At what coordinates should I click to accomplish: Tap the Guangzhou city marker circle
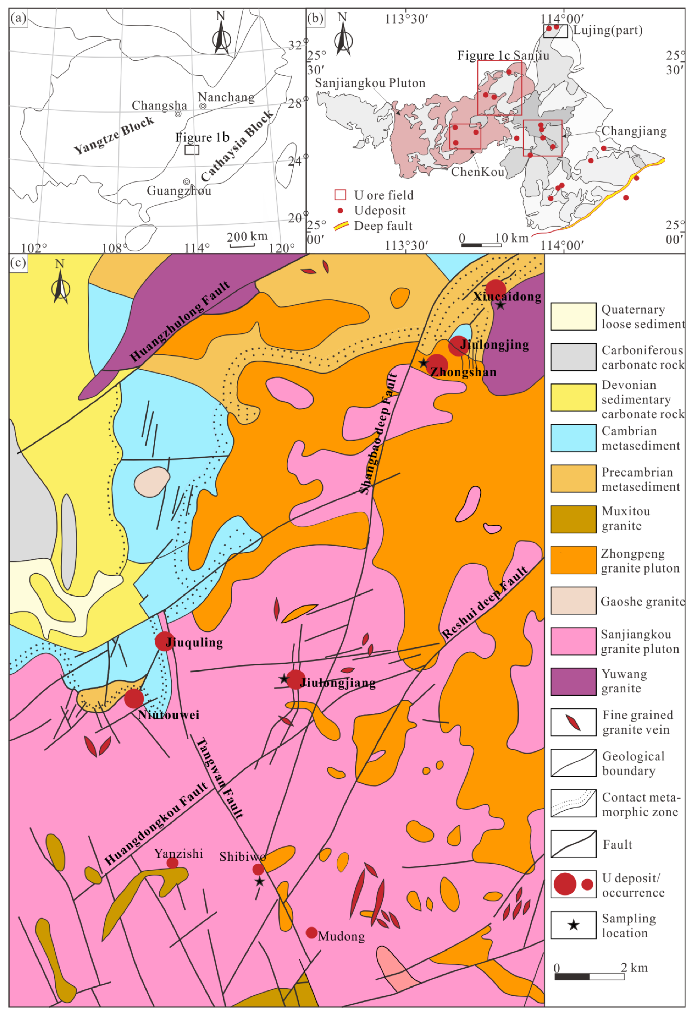point(186,181)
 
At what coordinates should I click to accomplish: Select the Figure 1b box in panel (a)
point(192,150)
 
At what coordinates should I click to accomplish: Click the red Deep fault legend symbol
point(341,226)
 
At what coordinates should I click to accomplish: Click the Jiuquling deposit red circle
point(164,641)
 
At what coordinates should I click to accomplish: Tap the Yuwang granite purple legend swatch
point(573,681)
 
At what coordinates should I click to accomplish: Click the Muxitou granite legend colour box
point(573,519)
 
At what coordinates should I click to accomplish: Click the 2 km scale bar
point(589,977)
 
